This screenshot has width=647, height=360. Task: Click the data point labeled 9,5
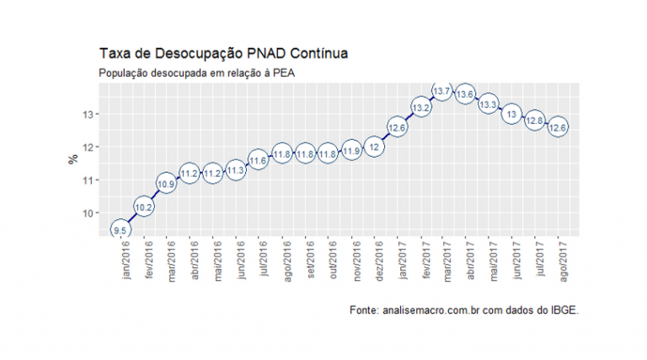tap(120, 229)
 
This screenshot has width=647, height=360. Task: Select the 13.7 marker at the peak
tap(442, 90)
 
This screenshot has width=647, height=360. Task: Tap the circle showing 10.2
tap(143, 207)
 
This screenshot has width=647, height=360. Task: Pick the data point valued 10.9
tap(167, 183)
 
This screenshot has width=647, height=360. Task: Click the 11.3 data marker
tap(236, 169)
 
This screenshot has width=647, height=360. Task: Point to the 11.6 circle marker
tap(259, 159)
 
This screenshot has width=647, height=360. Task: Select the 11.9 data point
tap(352, 151)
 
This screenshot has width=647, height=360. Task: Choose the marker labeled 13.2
tap(420, 107)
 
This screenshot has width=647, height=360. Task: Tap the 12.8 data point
tap(534, 121)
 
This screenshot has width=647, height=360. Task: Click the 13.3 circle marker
tap(488, 105)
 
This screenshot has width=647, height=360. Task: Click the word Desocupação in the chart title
tap(197, 54)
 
